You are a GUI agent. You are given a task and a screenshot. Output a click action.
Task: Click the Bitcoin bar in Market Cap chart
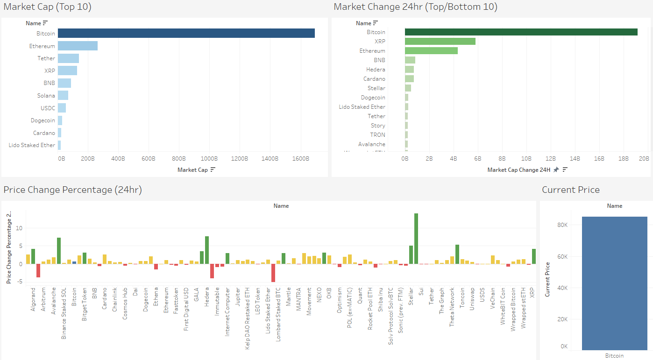point(186,33)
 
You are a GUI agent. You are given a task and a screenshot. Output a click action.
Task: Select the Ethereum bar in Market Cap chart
point(78,46)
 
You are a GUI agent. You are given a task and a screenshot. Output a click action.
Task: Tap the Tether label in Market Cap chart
point(46,58)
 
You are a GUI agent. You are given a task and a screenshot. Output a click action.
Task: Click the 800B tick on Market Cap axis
point(179,159)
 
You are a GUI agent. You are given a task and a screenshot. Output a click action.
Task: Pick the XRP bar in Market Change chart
point(440,41)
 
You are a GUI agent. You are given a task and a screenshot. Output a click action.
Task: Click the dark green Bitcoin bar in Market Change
point(521,32)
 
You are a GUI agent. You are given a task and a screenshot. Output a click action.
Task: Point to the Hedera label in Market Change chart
point(376,70)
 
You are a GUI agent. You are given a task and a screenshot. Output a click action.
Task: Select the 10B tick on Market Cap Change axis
point(526,159)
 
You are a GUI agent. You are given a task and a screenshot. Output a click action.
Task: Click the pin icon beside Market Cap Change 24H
point(556,170)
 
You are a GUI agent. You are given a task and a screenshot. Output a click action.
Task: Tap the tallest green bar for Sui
point(416,238)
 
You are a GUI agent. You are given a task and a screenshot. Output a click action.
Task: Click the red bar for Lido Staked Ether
point(273,273)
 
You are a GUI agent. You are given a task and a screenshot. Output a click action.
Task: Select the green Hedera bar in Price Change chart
point(206,250)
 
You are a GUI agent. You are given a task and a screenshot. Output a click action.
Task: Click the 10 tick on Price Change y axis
point(20,228)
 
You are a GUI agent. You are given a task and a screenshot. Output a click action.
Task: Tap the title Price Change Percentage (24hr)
point(72,190)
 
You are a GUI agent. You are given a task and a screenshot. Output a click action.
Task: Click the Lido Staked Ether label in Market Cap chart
point(32,145)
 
